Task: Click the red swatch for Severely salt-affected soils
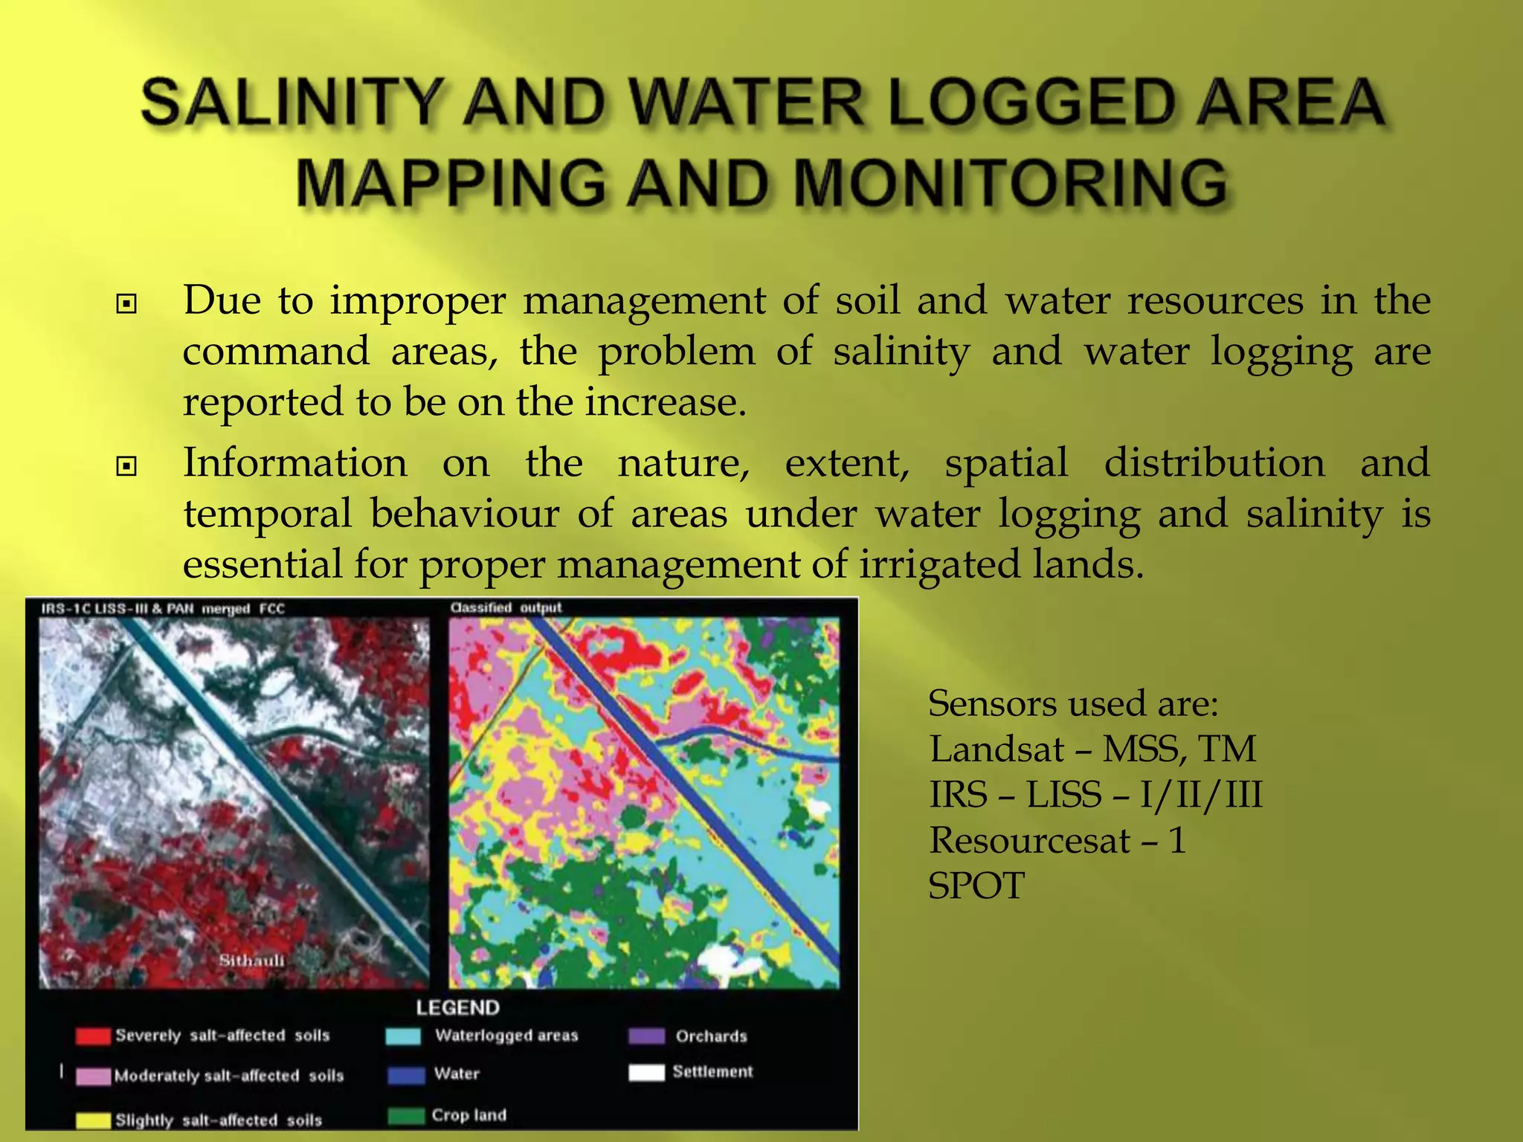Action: [x=93, y=1036]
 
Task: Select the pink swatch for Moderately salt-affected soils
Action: [x=93, y=1077]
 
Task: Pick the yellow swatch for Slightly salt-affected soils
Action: [x=93, y=1120]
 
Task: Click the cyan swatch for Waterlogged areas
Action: [x=404, y=1036]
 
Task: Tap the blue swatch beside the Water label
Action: [x=406, y=1075]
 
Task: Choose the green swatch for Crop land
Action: [x=406, y=1117]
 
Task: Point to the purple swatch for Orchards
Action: [x=646, y=1036]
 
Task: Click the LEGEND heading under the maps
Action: [x=457, y=1008]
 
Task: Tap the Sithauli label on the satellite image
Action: [x=251, y=961]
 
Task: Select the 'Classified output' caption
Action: [x=506, y=608]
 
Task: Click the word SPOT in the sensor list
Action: [x=976, y=886]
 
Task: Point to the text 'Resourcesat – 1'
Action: [x=1057, y=841]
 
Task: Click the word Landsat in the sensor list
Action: [x=996, y=749]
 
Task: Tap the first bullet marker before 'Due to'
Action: [x=127, y=304]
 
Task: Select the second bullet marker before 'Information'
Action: [x=127, y=466]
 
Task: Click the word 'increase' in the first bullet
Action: [x=663, y=402]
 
